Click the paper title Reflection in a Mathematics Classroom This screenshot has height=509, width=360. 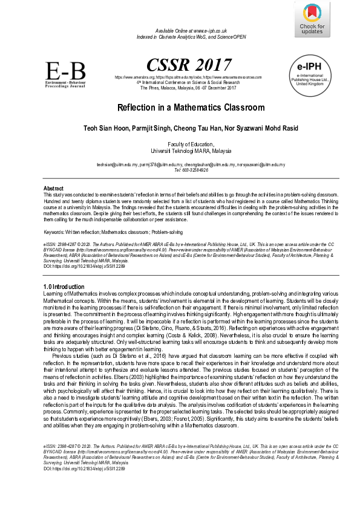(183, 108)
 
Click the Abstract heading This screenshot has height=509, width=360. (54, 189)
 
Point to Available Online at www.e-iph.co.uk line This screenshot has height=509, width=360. (191, 30)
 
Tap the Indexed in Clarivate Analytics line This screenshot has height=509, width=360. (191, 36)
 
